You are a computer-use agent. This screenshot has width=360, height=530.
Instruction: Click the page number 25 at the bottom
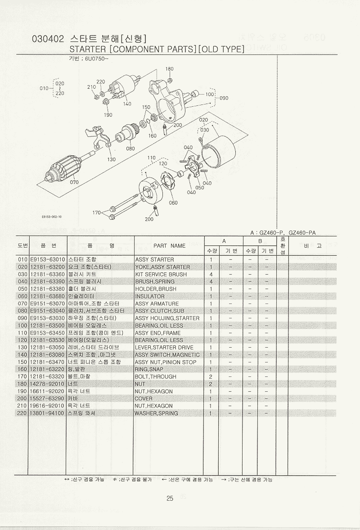[x=170, y=498]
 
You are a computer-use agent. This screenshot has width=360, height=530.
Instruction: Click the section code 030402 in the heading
[x=48, y=39]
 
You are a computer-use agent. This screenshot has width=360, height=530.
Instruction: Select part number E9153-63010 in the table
[x=47, y=259]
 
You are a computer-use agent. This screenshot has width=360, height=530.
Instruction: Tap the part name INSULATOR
[x=149, y=296]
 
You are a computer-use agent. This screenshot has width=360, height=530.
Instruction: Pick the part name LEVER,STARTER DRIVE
[x=164, y=348]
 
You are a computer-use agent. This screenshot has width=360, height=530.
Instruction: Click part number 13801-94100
[x=47, y=413]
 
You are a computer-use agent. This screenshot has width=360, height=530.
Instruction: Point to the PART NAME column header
[x=169, y=246]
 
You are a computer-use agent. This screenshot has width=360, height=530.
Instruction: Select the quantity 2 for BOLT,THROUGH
[x=211, y=376]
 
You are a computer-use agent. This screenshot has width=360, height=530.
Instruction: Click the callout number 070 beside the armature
[x=74, y=182]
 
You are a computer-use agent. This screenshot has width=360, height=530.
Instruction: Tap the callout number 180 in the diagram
[x=170, y=69]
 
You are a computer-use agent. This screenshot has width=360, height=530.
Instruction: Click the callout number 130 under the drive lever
[x=111, y=159]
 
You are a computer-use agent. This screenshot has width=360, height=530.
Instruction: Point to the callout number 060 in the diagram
[x=173, y=203]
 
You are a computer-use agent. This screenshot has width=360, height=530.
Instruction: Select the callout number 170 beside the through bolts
[x=97, y=213]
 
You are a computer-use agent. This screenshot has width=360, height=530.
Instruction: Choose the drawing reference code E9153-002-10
[x=52, y=217]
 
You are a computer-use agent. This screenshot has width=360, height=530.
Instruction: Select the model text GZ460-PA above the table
[x=302, y=232]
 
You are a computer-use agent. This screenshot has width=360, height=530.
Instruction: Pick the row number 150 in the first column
[x=22, y=362]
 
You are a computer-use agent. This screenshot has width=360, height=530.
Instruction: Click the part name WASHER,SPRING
[x=156, y=413]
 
